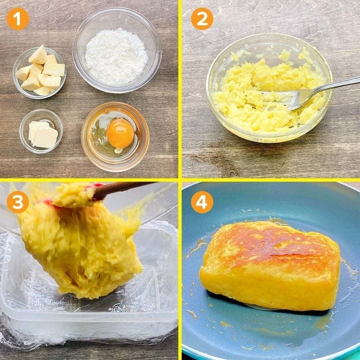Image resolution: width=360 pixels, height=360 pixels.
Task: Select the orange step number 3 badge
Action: (17, 202)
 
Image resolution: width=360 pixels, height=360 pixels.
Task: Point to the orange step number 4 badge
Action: (202, 202)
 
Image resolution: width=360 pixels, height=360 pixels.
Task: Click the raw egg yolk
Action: (120, 133)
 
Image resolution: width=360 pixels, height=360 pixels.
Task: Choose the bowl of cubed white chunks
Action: (40, 71)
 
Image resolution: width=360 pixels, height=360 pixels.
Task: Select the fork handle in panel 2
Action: (340, 85)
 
